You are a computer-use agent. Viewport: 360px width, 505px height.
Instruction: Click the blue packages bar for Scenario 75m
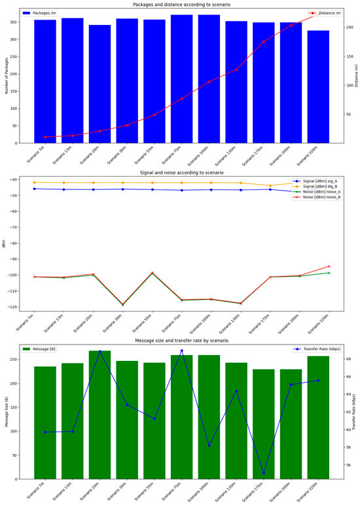click(182, 79)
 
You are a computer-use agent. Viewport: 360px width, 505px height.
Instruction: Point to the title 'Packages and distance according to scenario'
click(180, 5)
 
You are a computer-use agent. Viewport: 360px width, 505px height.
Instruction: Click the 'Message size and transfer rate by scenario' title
click(180, 341)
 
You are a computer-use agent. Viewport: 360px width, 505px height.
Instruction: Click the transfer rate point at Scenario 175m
click(264, 473)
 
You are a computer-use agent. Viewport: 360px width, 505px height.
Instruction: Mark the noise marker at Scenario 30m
click(122, 305)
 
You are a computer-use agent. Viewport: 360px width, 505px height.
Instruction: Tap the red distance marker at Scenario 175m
click(264, 41)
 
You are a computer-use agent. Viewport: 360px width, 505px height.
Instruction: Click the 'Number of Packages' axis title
click(6, 76)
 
